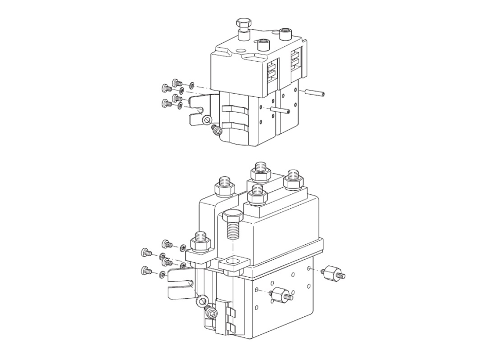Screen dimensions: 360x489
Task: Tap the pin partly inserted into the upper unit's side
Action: point(282,110)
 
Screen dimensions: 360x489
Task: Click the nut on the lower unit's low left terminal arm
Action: point(200,242)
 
